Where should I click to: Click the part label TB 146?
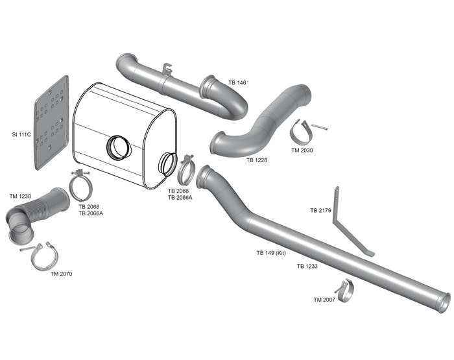(x=237, y=83)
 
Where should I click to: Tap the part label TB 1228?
(x=257, y=160)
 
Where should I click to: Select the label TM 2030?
(x=302, y=150)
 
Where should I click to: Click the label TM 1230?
(x=20, y=196)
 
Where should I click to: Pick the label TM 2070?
(x=62, y=274)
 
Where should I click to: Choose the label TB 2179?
(x=320, y=210)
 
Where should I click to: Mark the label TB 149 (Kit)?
(x=271, y=252)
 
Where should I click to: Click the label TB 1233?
(x=307, y=266)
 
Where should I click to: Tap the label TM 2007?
(x=324, y=300)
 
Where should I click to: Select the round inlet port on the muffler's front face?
(x=119, y=147)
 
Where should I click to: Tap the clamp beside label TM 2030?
(x=300, y=132)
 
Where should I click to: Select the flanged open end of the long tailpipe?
(x=444, y=301)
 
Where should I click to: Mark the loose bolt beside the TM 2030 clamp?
(x=319, y=127)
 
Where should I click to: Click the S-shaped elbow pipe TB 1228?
(x=259, y=126)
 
